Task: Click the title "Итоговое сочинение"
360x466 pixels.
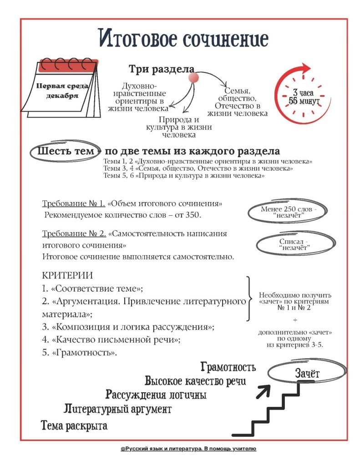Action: (x=183, y=39)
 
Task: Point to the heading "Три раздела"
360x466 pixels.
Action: (x=162, y=69)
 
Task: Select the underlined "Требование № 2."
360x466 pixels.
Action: (x=74, y=233)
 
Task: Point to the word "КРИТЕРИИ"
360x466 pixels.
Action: (x=67, y=275)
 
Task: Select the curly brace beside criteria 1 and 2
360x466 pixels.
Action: (x=248, y=299)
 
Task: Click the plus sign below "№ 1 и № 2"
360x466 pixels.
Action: (x=294, y=320)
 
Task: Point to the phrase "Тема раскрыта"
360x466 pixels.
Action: (x=74, y=426)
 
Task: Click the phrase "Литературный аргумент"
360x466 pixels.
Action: (x=117, y=409)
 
